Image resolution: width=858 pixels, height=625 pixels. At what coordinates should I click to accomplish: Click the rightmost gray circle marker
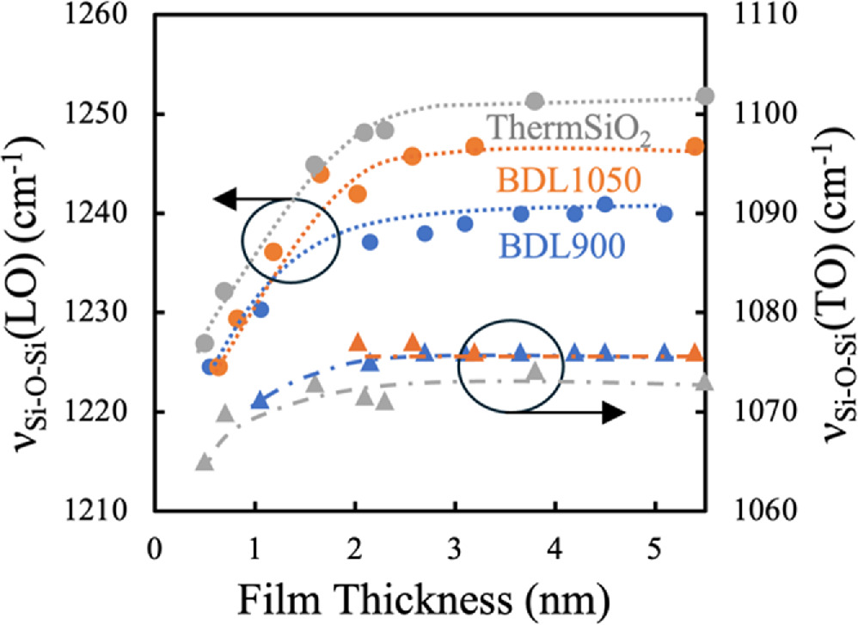pos(705,96)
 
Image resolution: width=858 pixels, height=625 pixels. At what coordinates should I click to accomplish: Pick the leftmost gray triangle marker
pos(204,463)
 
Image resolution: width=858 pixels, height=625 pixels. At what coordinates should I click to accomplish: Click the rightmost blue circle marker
pos(664,213)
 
